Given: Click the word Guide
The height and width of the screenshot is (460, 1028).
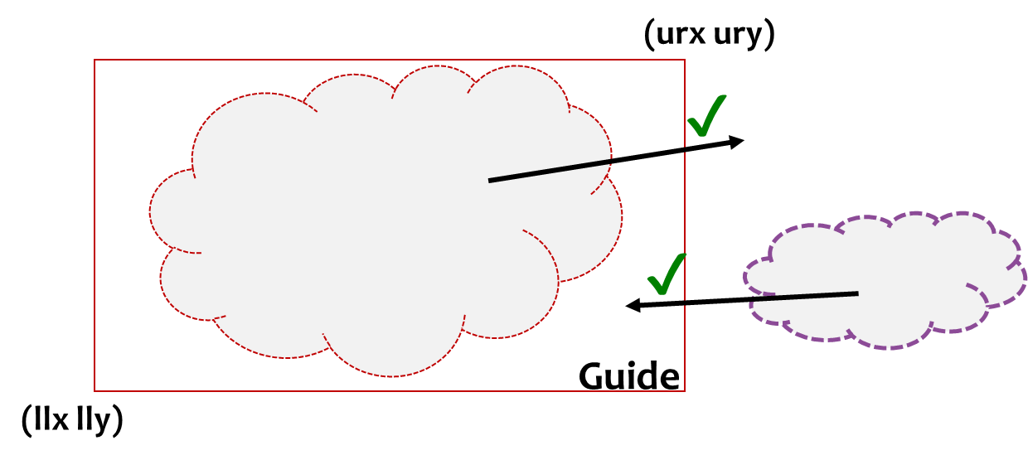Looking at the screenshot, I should coord(628,375).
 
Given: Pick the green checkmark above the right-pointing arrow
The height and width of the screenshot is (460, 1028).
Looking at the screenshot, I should coord(707,116).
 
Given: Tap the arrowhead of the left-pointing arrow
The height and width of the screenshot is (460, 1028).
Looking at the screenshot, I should coord(632,306).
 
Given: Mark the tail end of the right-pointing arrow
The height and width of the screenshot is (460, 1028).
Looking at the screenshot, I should coord(490,180).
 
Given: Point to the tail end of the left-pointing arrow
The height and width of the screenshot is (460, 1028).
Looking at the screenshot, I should coord(857,293).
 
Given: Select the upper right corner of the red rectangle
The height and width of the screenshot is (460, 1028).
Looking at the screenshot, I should coord(685,60).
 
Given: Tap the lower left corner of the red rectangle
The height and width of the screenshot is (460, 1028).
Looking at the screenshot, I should coord(95,390).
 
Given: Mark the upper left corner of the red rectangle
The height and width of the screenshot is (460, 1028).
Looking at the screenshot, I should coord(95,60).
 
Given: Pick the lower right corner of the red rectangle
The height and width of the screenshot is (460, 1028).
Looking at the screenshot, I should coord(685,390).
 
